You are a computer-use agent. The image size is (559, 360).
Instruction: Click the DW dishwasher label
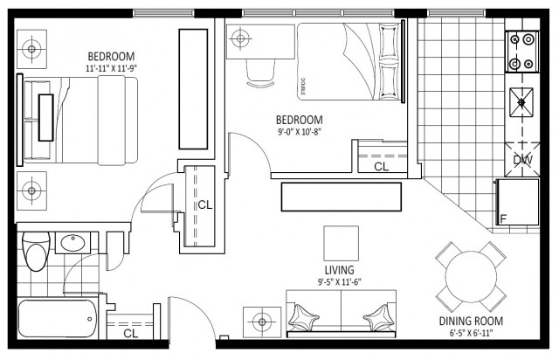pos(522,160)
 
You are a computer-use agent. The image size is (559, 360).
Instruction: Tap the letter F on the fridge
pos(503,218)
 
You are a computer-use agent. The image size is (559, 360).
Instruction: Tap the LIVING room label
pos(340,270)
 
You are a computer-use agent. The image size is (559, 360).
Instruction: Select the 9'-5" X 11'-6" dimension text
pos(340,282)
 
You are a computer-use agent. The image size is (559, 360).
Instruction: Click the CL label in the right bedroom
pos(381,166)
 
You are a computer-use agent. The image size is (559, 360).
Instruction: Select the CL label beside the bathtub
pos(130,333)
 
